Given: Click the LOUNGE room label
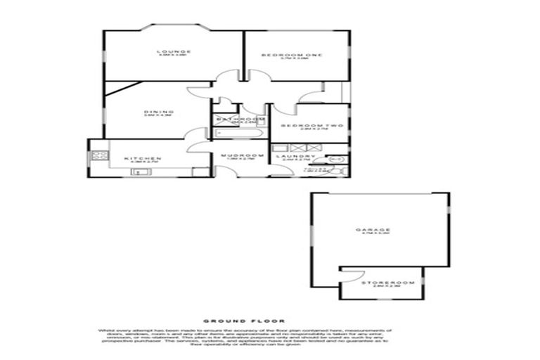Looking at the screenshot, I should click(x=174, y=51).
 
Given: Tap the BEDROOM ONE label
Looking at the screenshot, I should click(x=291, y=56).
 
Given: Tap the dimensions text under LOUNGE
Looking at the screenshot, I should click(x=174, y=56).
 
